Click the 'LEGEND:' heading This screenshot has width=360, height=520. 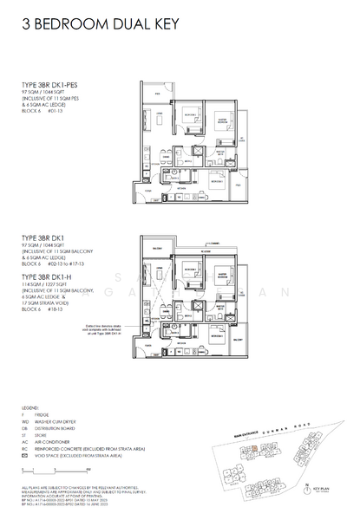point(30,407)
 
